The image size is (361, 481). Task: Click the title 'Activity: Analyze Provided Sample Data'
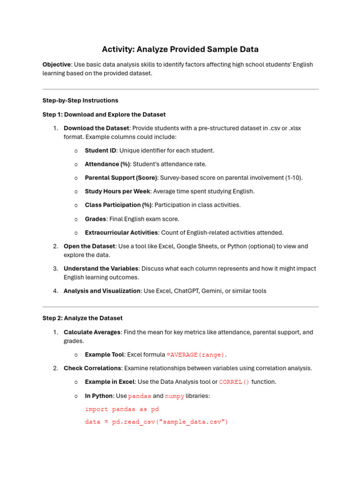[180, 49]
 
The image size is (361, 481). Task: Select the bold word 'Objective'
[56, 64]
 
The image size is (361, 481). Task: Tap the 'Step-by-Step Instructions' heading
[80, 101]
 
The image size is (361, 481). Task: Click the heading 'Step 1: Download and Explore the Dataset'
[104, 115]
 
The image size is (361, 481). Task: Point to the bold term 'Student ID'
[100, 151]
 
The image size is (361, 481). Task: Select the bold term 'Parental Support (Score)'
[121, 178]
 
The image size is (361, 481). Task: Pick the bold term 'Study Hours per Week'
[117, 192]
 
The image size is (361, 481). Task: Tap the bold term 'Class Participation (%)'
[118, 205]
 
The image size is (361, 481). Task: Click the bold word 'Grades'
[95, 219]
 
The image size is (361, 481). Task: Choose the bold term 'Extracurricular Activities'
[121, 233]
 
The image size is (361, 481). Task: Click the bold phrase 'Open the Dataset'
[89, 246]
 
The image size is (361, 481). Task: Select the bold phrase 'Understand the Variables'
[101, 269]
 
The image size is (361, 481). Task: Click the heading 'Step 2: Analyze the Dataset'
[82, 318]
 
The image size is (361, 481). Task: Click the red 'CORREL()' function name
[234, 382]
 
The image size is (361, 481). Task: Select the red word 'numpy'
[174, 396]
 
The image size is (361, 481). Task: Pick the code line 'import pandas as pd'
[122, 409]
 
